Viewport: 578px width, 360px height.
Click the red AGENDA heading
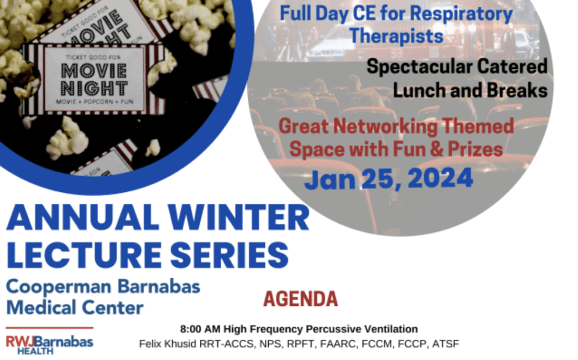[x=300, y=299]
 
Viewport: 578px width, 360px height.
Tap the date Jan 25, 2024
[x=388, y=179]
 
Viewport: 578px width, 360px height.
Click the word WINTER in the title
[x=239, y=217]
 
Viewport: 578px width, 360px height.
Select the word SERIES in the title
[x=229, y=255]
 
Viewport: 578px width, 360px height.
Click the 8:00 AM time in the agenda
[x=200, y=328]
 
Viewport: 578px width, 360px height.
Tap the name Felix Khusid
[x=168, y=344]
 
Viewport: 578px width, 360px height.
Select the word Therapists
[x=397, y=37]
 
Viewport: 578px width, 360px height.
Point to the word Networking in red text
[x=386, y=127]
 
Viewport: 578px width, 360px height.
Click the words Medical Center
[x=75, y=308]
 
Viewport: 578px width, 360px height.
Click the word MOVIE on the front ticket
[x=94, y=71]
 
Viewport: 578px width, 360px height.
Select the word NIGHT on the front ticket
[x=94, y=89]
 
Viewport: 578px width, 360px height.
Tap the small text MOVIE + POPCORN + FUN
[x=94, y=102]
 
